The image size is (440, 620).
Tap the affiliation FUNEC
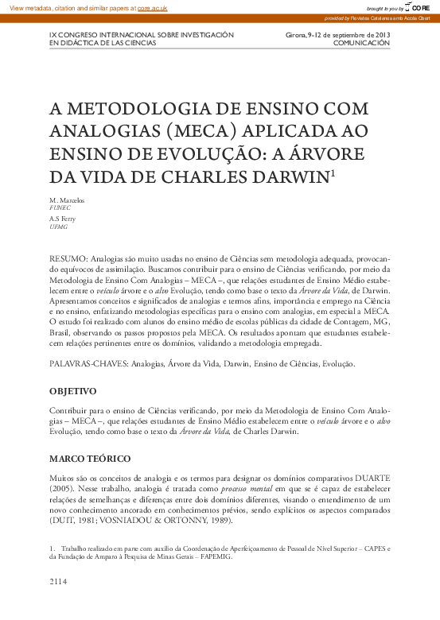[x=60, y=207]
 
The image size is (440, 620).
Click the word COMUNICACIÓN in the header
[x=362, y=43]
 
